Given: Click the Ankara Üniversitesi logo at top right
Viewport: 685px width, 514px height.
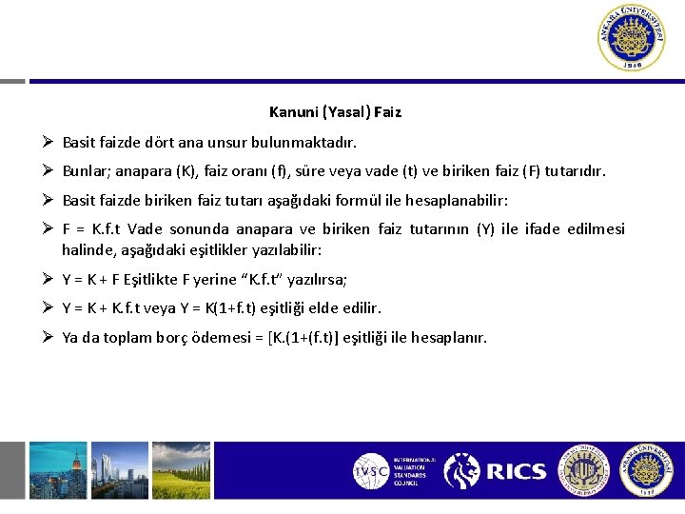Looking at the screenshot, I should point(633,38).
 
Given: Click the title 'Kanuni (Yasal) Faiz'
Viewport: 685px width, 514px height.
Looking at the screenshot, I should point(335,112).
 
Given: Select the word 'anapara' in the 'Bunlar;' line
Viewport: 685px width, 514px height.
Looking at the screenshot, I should point(141,172).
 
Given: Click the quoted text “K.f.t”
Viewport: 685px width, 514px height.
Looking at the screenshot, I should point(277,280).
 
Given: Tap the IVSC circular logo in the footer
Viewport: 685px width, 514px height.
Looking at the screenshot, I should point(370,471).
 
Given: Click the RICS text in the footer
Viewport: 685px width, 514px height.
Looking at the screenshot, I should point(516,471).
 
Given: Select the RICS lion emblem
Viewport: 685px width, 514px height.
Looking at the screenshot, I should point(462,471).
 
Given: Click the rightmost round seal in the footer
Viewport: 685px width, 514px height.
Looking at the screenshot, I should point(648,470).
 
